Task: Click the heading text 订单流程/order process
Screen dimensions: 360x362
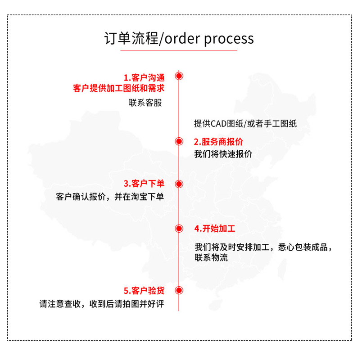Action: click(x=179, y=39)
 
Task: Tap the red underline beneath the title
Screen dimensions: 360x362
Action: click(x=179, y=50)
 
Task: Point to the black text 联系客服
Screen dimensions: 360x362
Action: click(x=145, y=103)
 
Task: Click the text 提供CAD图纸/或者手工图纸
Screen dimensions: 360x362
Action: click(x=245, y=124)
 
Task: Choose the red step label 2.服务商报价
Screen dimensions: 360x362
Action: click(x=218, y=142)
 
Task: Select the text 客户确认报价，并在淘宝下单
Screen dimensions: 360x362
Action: click(x=110, y=197)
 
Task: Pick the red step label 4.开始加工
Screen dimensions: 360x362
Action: click(x=215, y=228)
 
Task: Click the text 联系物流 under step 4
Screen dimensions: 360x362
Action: click(x=211, y=258)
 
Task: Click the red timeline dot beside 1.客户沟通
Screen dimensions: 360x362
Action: click(x=179, y=76)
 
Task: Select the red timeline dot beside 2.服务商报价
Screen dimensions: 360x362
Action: click(x=179, y=141)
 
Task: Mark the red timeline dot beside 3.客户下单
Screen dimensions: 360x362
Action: click(x=179, y=184)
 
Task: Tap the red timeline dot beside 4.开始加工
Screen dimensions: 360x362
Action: click(x=179, y=228)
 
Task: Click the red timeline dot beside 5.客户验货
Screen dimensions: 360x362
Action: click(x=179, y=290)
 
